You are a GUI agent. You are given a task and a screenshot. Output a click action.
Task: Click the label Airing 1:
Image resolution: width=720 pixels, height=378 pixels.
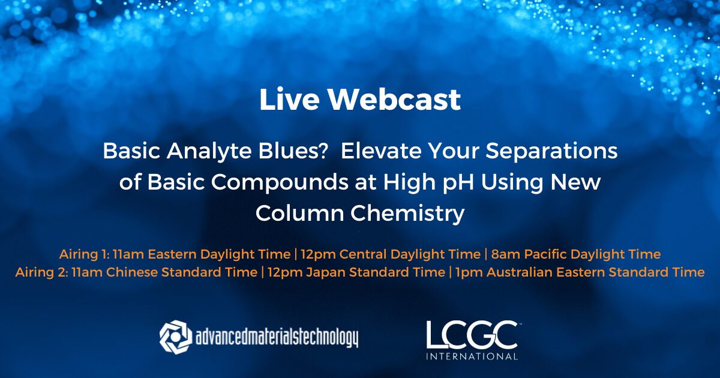[x=84, y=254]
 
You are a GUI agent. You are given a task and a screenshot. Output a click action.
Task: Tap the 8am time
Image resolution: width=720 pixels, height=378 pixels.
[x=503, y=254]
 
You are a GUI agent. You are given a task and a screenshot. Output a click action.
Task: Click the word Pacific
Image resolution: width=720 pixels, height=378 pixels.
[x=542, y=254]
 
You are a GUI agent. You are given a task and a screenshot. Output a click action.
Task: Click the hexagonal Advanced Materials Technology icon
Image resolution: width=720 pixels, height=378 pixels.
[x=175, y=336]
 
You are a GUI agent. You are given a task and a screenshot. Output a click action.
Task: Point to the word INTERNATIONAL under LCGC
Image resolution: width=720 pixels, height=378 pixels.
[x=472, y=356]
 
